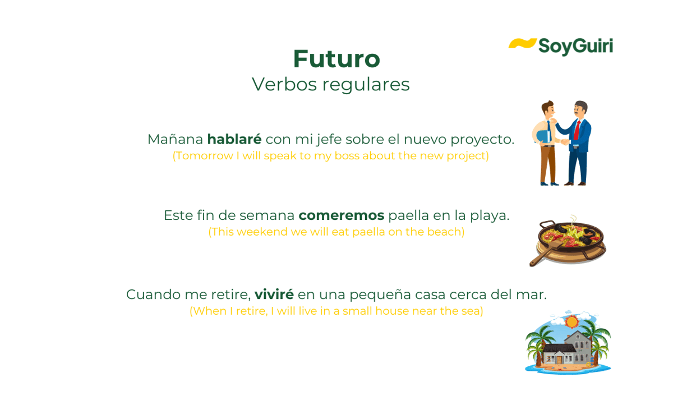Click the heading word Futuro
(x=336, y=59)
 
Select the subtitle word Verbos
(x=284, y=84)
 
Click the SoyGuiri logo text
(x=575, y=47)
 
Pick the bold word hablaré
(x=234, y=139)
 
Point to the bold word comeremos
(x=342, y=215)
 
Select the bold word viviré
(x=274, y=294)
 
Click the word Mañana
(x=176, y=139)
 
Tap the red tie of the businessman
(x=577, y=130)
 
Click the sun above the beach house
(x=571, y=322)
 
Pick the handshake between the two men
(x=565, y=141)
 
